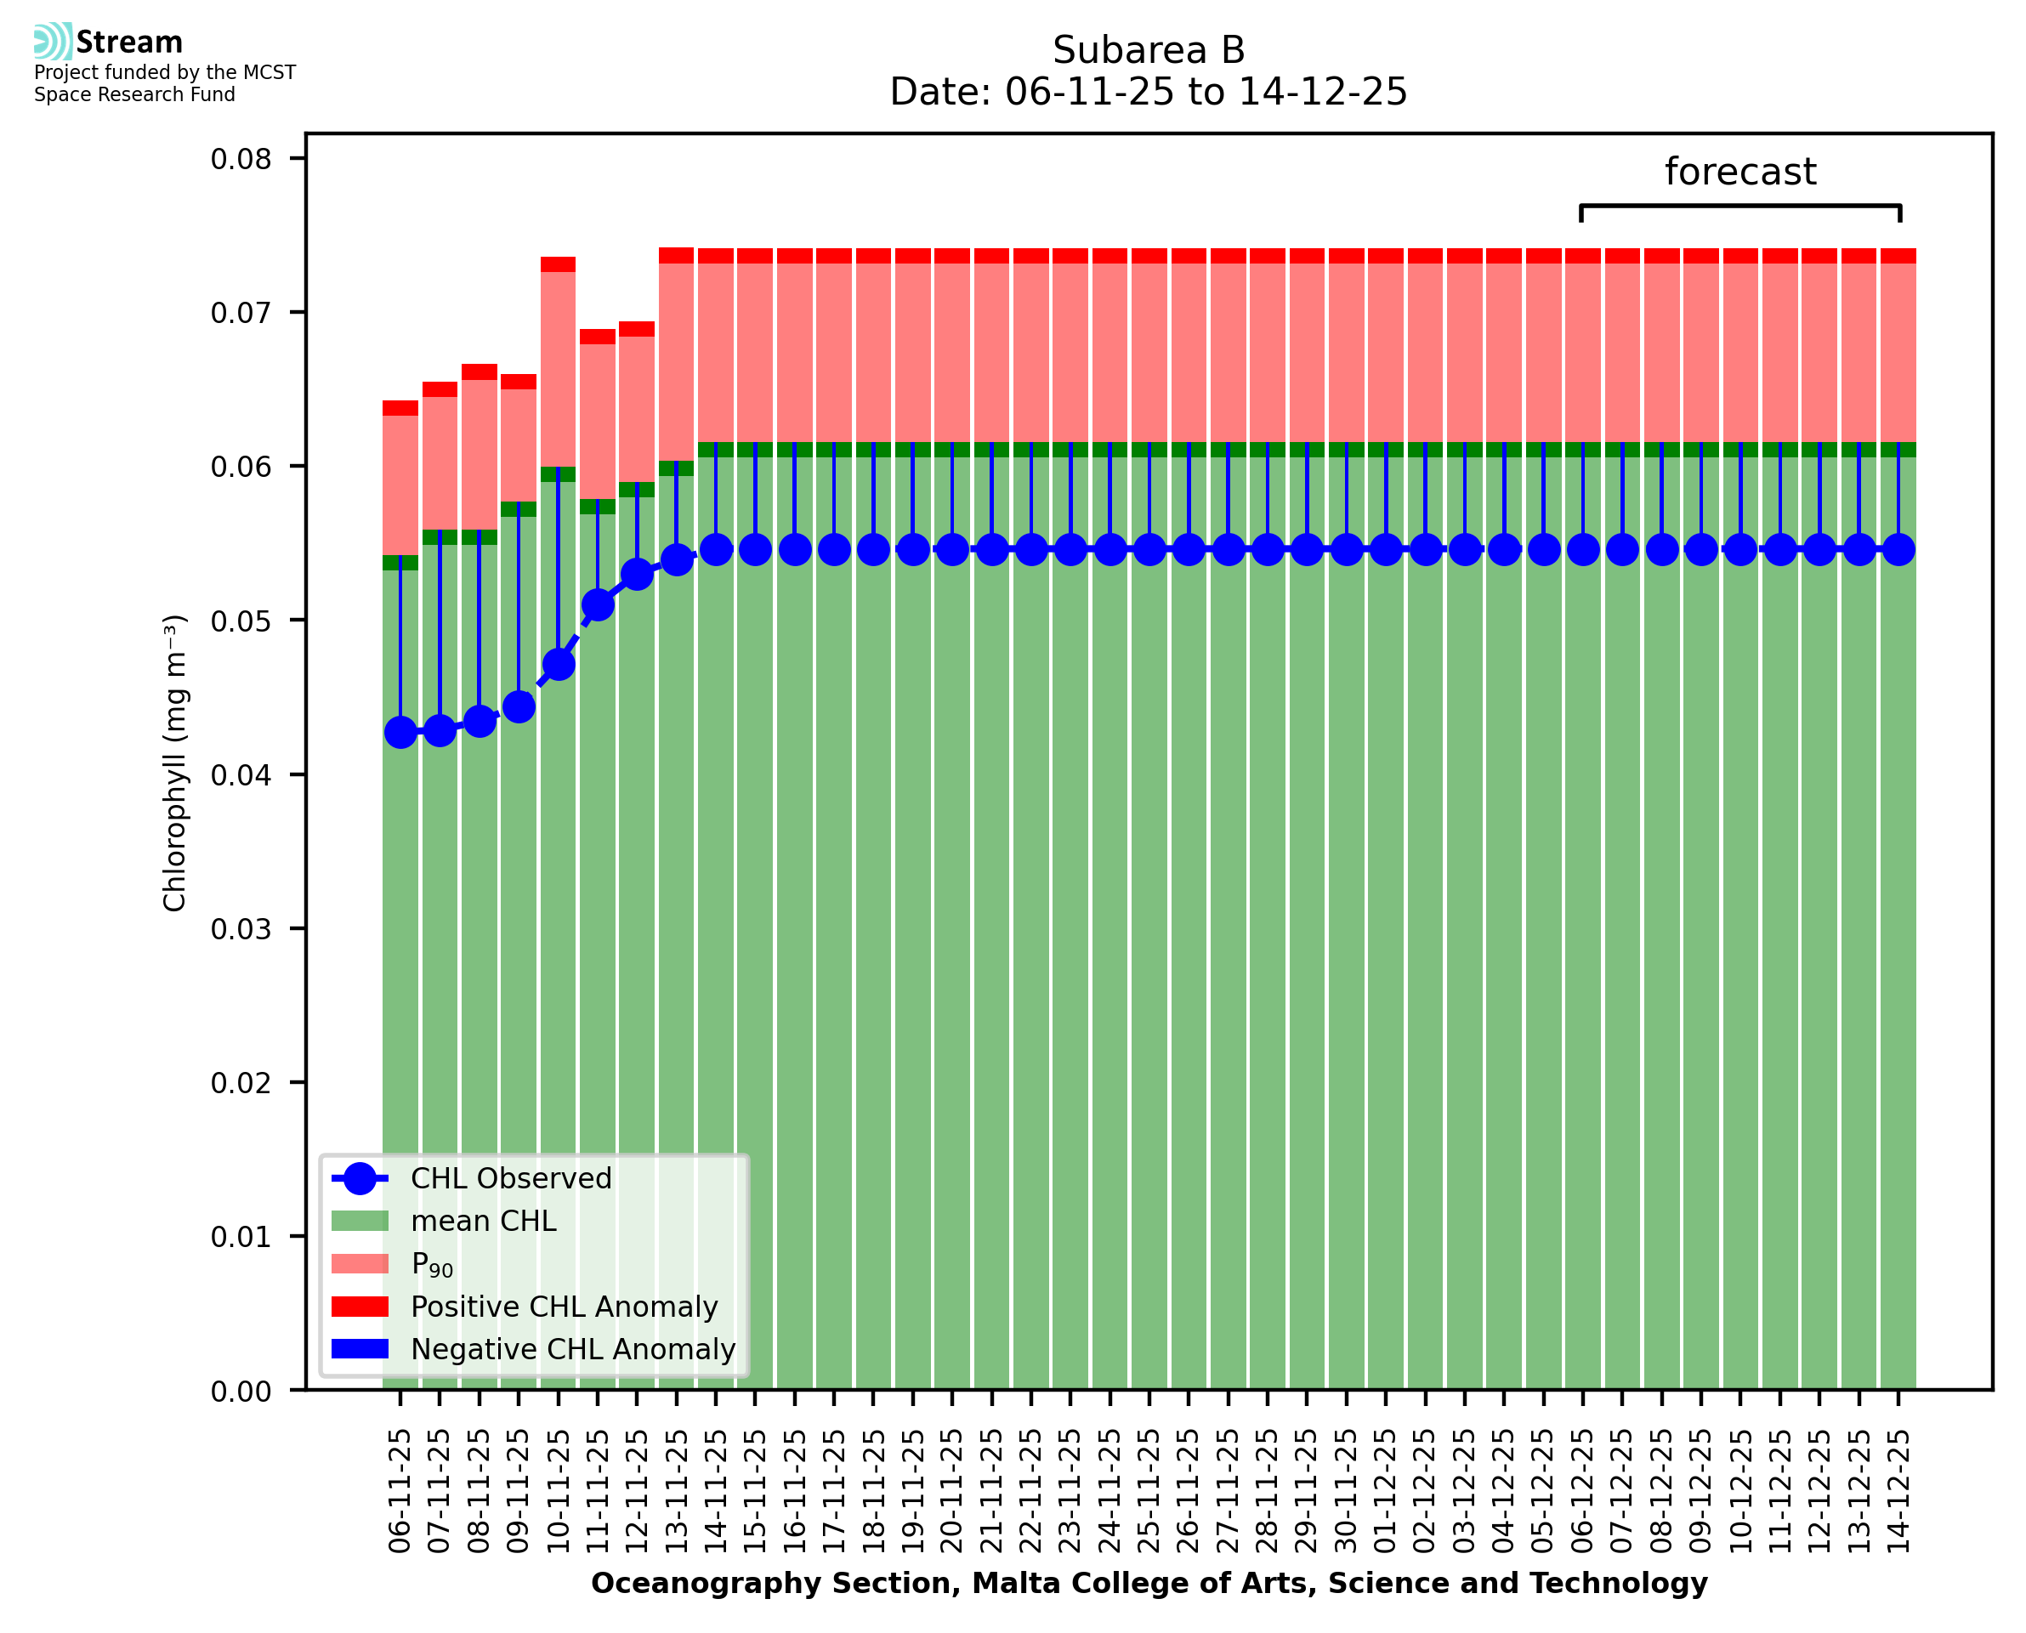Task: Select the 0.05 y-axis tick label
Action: coord(241,621)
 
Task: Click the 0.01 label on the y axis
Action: coord(241,1236)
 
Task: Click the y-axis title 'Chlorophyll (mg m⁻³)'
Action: coord(175,762)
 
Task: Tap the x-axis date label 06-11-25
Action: coord(400,1490)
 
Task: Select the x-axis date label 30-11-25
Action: coord(1346,1490)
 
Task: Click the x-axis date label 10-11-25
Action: coord(558,1490)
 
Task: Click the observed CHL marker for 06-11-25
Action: coord(400,732)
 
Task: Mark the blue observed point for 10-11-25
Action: coord(559,664)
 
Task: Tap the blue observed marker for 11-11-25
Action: coord(599,605)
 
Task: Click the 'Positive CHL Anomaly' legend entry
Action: coord(564,1307)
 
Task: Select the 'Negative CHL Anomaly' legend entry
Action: coord(572,1349)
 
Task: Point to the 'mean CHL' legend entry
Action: coord(484,1221)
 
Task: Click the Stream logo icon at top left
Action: coord(53,42)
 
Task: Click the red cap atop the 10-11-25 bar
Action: coord(559,264)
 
